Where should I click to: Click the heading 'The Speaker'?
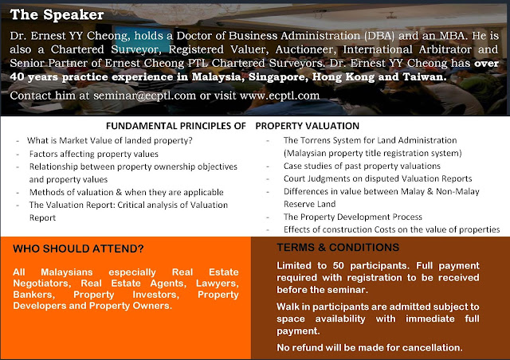(57, 15)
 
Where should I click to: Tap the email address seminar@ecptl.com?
(145, 96)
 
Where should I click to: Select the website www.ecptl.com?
(280, 96)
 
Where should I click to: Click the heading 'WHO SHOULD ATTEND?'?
(78, 248)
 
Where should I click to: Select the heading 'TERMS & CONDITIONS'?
(338, 248)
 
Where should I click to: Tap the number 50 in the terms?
(338, 266)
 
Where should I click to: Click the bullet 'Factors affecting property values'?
(94, 154)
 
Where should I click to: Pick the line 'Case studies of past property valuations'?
(362, 166)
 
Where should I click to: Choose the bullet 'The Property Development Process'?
(353, 217)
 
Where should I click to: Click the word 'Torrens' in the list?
(316, 140)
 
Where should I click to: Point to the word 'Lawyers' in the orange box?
(218, 284)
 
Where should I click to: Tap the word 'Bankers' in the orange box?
(33, 295)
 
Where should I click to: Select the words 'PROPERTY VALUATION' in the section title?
(308, 126)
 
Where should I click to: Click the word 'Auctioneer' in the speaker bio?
(305, 49)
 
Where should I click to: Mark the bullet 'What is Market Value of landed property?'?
(110, 140)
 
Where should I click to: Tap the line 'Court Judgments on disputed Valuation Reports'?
(378, 178)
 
